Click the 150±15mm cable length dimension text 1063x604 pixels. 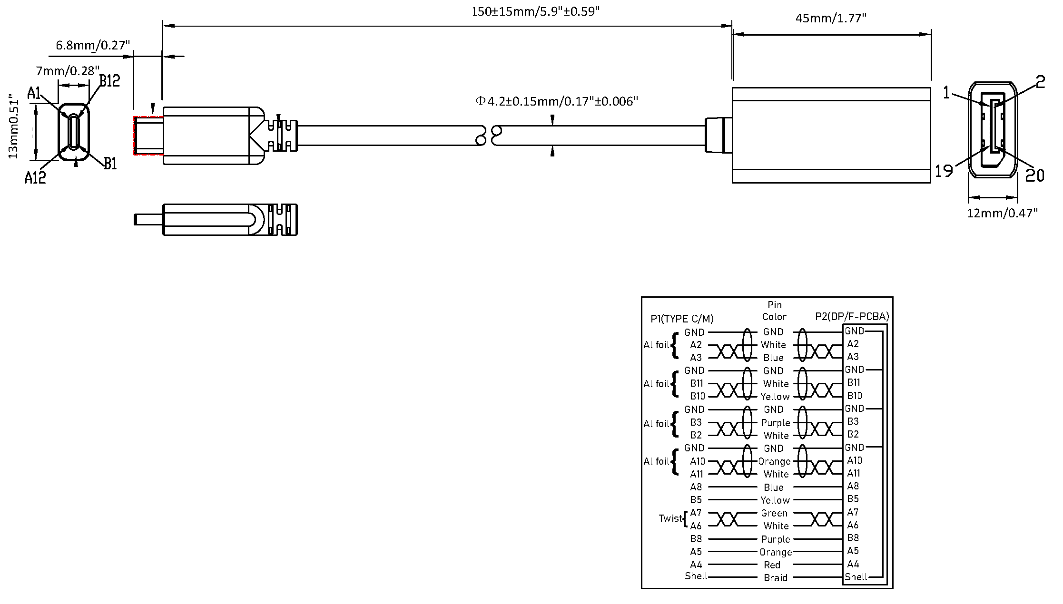(535, 11)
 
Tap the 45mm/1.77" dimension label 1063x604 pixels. (831, 19)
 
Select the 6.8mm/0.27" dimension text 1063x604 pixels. (93, 46)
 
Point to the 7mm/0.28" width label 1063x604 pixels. (68, 71)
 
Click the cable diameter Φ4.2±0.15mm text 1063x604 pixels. (557, 101)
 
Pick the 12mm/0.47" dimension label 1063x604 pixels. (1002, 213)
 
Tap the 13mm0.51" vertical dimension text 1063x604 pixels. (13, 128)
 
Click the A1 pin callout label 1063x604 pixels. (34, 93)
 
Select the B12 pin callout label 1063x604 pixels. (109, 81)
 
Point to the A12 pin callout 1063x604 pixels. (36, 178)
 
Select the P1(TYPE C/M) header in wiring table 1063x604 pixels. (682, 319)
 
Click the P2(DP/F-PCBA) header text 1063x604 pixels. (852, 317)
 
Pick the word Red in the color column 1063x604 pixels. (772, 565)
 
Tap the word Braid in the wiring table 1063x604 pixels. (776, 578)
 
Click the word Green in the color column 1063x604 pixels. (774, 513)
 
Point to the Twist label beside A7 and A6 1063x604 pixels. (670, 518)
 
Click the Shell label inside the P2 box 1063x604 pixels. (856, 577)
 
